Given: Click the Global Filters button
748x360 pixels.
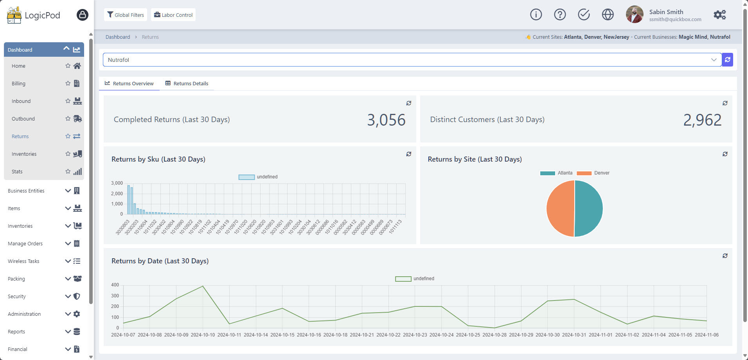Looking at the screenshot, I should [x=126, y=15].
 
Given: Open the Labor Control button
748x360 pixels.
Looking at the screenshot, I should [x=173, y=15].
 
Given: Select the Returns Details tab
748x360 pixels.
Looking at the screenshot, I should [x=187, y=83].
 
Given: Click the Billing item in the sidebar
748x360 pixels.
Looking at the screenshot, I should [x=18, y=83].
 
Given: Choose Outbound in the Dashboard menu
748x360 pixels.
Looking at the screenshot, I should [x=23, y=119].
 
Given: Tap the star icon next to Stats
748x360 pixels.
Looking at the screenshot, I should [x=68, y=171].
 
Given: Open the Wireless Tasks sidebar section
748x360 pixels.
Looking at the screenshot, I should [x=23, y=261].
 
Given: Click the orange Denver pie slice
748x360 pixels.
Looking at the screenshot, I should [x=560, y=209].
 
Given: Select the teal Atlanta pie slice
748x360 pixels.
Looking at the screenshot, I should [x=589, y=209].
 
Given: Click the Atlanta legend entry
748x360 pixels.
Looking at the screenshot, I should [x=556, y=173].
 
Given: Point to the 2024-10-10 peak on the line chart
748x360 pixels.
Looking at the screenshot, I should [x=203, y=286].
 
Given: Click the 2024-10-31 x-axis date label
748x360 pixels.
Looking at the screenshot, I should [x=574, y=335].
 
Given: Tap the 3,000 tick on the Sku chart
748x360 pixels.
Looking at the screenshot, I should [x=117, y=183].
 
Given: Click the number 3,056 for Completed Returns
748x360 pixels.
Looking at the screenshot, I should [x=386, y=120].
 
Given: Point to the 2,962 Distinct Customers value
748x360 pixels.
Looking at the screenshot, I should [x=702, y=120].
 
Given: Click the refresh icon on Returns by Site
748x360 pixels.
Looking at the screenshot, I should [x=725, y=154].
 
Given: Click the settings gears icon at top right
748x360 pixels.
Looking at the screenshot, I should [x=719, y=15].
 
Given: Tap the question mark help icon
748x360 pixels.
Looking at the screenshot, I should [x=560, y=14].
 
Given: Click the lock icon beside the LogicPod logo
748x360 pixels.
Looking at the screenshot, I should [x=82, y=15].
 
